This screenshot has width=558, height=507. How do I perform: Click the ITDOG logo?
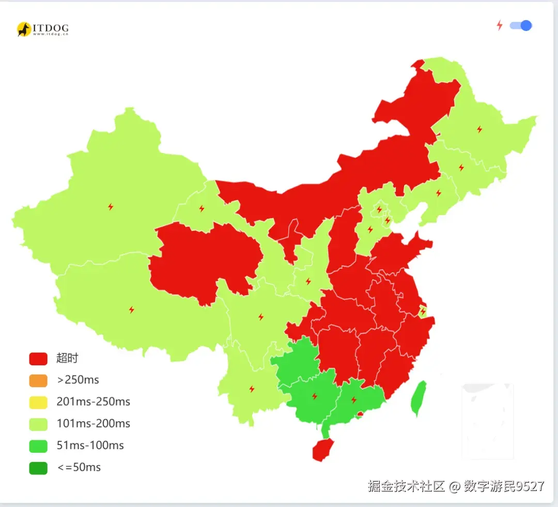[x=42, y=29]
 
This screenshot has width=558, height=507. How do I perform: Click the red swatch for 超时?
[x=38, y=358]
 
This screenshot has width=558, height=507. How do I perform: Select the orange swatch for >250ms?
[x=38, y=380]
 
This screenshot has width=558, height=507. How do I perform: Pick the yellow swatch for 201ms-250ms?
[x=38, y=402]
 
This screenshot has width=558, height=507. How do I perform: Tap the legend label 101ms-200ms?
[x=93, y=424]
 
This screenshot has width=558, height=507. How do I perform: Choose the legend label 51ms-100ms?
[x=90, y=445]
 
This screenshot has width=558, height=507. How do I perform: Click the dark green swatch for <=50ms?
[x=38, y=468]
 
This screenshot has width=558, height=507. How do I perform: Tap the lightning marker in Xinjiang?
[x=111, y=207]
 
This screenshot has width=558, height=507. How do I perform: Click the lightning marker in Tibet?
[x=131, y=310]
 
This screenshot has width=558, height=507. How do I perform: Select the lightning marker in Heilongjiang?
[x=479, y=129]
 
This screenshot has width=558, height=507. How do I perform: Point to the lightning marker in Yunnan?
[x=252, y=389]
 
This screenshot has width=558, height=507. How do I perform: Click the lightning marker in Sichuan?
[x=260, y=316]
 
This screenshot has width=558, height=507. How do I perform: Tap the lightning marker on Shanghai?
[x=423, y=311]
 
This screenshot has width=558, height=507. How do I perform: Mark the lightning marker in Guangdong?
[x=354, y=400]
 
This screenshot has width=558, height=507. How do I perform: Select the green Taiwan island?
[x=419, y=398]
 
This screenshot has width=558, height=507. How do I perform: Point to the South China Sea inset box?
[x=487, y=421]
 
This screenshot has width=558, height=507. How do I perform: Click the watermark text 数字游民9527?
[x=504, y=486]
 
